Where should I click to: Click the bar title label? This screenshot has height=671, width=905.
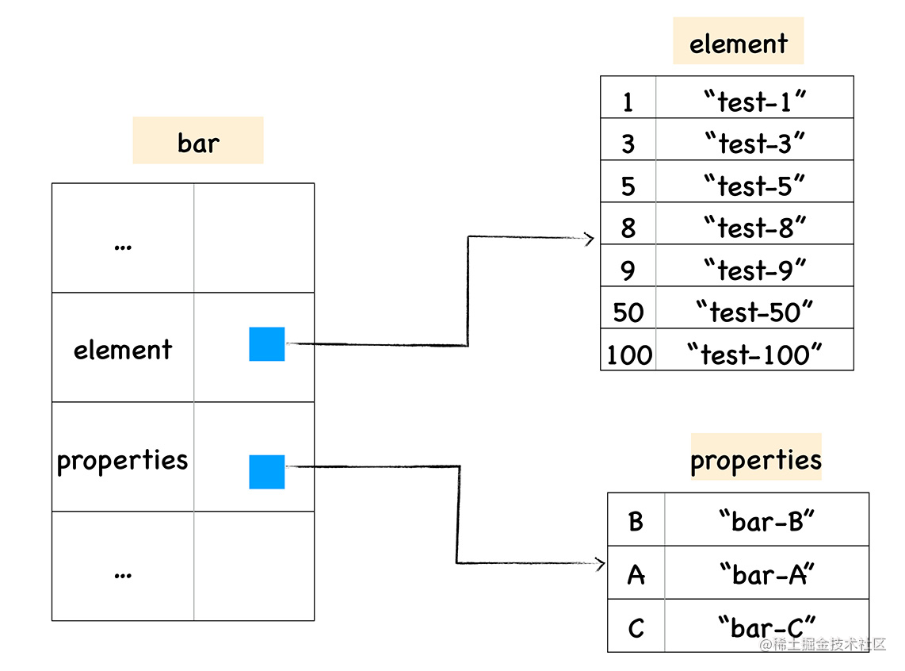click(x=198, y=142)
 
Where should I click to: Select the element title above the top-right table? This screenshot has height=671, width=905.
click(x=738, y=43)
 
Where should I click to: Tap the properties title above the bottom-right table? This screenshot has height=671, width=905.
click(x=756, y=458)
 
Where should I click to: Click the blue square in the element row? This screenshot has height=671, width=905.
click(x=267, y=343)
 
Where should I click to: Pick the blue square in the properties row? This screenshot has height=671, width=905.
click(x=267, y=471)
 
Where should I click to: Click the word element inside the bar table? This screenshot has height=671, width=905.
click(x=123, y=349)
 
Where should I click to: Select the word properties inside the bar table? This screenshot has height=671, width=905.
click(x=123, y=460)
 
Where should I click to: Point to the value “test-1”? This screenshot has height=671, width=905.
click(x=754, y=101)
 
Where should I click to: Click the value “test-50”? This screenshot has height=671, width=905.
click(x=754, y=312)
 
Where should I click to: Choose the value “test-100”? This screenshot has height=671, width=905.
click(x=754, y=354)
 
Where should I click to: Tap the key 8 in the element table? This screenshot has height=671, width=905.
click(x=628, y=228)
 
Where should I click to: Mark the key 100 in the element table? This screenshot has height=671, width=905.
click(x=629, y=354)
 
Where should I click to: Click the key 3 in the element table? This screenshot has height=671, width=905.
click(x=628, y=144)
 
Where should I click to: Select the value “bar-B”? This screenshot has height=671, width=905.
click(x=766, y=521)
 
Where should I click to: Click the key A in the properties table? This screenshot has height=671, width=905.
click(x=636, y=574)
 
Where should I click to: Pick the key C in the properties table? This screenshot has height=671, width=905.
click(x=636, y=628)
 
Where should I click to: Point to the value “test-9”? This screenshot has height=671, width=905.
click(x=754, y=270)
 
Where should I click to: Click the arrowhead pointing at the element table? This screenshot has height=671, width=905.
click(x=588, y=238)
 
